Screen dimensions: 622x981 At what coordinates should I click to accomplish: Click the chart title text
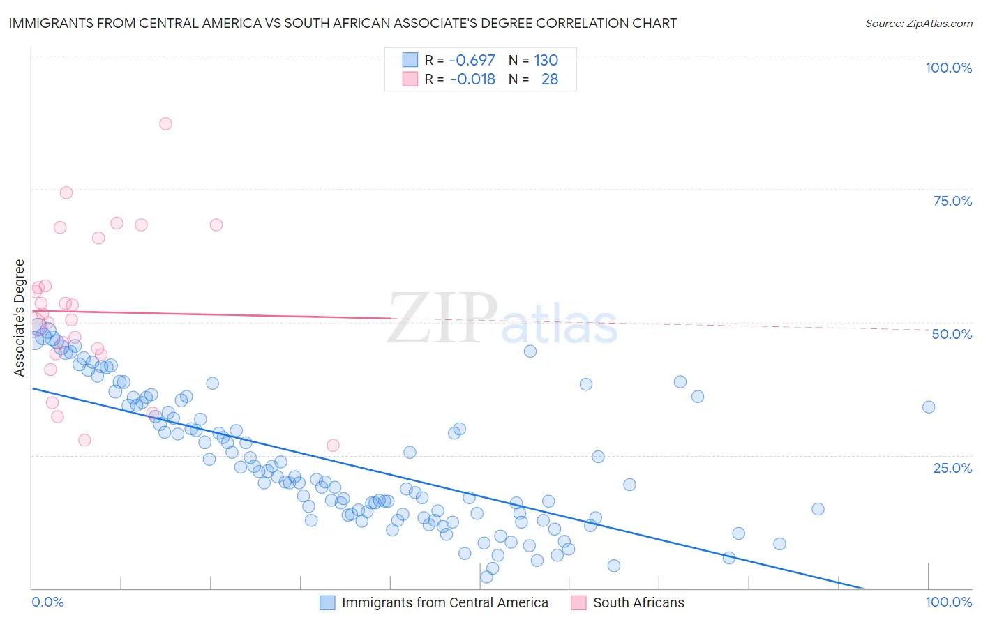click(343, 23)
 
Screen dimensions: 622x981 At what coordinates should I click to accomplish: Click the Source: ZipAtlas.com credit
click(918, 23)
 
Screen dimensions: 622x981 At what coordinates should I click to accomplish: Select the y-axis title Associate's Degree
click(19, 317)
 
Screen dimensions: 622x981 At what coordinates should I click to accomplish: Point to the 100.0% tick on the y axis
click(948, 68)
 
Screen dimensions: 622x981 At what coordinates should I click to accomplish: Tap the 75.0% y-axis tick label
click(952, 201)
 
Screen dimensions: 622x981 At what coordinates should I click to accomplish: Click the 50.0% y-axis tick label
click(952, 334)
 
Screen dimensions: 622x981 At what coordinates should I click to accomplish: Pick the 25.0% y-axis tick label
click(952, 467)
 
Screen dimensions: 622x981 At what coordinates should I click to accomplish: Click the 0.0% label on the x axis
click(47, 602)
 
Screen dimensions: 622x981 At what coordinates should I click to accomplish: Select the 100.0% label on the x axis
click(948, 602)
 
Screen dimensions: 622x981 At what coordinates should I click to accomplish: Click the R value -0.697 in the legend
click(472, 60)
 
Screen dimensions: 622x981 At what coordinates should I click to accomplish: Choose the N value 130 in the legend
click(546, 60)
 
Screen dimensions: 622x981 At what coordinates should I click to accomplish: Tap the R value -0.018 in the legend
click(472, 79)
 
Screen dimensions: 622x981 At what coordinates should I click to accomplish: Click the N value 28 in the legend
click(550, 79)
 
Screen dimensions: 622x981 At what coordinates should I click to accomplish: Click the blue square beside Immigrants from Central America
click(327, 602)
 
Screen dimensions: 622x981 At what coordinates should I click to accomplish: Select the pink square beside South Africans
click(578, 602)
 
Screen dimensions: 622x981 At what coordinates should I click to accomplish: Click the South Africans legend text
click(638, 602)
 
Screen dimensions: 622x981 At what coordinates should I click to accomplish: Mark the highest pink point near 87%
click(165, 123)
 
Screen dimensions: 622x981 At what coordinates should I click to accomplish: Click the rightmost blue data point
click(929, 407)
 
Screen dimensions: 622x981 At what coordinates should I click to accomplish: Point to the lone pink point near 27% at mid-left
click(333, 446)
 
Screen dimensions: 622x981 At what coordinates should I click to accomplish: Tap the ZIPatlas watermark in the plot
click(502, 319)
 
